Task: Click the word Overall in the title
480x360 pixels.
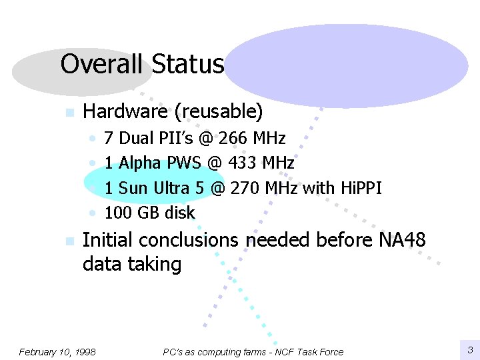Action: [101, 65]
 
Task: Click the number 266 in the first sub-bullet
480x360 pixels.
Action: [234, 139]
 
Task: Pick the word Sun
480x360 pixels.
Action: [133, 188]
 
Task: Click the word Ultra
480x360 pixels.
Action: [171, 188]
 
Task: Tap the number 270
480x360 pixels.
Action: [245, 188]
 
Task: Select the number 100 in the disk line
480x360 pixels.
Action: [118, 213]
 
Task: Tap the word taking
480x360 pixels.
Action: [155, 264]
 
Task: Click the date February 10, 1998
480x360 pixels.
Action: [57, 351]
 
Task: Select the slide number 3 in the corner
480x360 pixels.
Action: [469, 349]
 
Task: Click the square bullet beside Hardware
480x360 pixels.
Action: [68, 113]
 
